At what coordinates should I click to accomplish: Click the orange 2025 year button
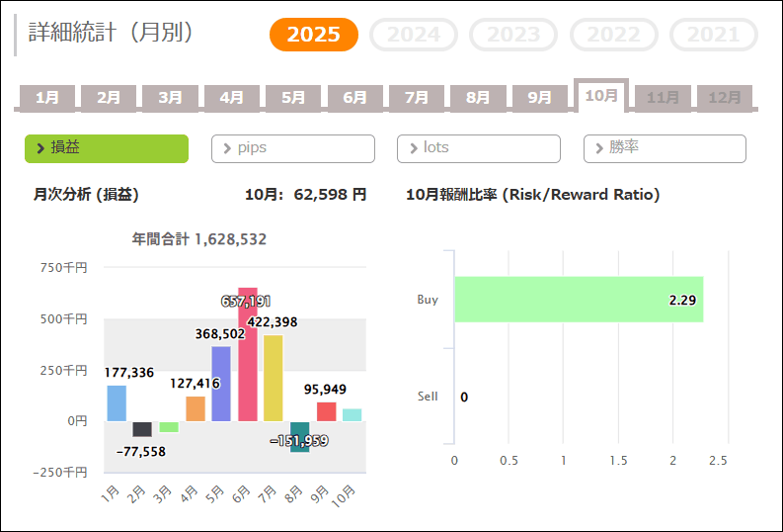(x=314, y=36)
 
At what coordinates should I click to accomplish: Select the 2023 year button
(x=513, y=36)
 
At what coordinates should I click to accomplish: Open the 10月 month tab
(x=601, y=96)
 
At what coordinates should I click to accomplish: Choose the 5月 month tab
(x=293, y=98)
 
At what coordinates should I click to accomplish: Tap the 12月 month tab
(x=725, y=98)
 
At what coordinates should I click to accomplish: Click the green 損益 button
(x=107, y=148)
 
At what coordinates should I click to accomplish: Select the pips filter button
(x=293, y=148)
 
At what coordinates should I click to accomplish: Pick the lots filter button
(x=479, y=148)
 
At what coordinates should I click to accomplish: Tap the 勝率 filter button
(x=665, y=148)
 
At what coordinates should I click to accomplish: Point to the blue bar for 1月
(x=117, y=402)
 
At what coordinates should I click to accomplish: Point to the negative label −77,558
(x=140, y=451)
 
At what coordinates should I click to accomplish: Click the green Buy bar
(x=578, y=300)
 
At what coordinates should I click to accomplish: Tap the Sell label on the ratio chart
(x=428, y=397)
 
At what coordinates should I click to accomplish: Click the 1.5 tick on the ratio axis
(x=618, y=461)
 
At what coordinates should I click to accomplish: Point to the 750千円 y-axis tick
(x=63, y=267)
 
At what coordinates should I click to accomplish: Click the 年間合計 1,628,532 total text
(x=199, y=239)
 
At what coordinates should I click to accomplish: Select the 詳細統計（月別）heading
(x=111, y=33)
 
